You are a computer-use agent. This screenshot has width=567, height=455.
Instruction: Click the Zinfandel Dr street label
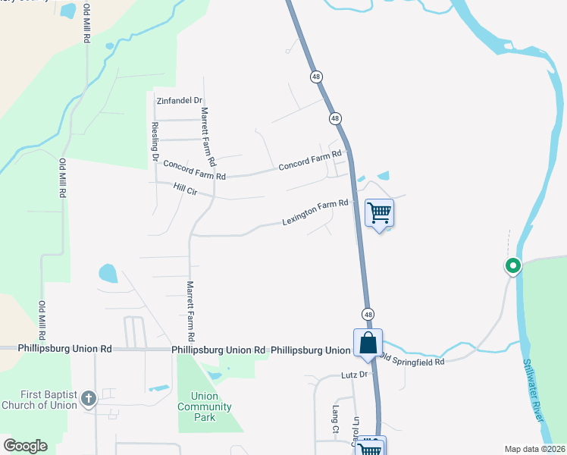coord(179,100)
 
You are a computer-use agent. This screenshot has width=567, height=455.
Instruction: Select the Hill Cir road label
coord(185,190)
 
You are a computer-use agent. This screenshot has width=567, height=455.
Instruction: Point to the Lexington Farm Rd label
coord(315,212)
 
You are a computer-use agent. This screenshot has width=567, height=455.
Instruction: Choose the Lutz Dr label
coord(353,375)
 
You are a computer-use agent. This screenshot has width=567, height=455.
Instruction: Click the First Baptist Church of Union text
coord(39,398)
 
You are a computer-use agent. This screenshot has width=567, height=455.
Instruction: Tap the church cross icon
coord(89,397)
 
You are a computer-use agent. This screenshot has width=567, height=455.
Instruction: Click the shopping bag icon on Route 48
coord(368,343)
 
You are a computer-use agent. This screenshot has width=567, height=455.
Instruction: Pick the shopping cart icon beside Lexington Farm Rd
coord(379,212)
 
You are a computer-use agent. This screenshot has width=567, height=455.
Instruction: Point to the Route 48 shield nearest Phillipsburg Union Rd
coord(368,315)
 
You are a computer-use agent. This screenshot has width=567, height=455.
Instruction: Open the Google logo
coord(25,446)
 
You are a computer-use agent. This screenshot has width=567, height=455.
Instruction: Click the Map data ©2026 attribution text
coord(534,449)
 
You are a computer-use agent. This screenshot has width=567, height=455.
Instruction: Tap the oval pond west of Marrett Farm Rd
coord(108,273)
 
